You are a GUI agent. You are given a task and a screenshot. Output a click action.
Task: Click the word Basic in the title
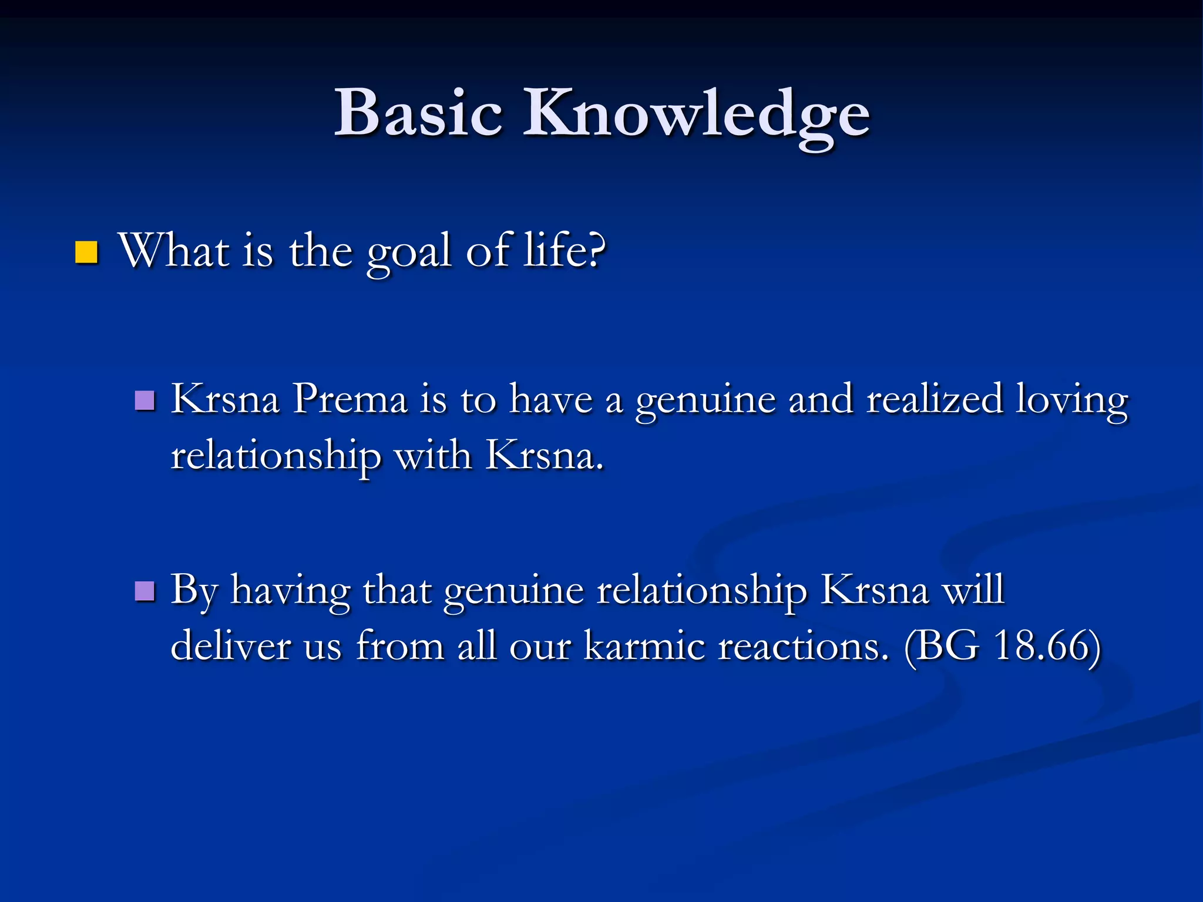point(418,113)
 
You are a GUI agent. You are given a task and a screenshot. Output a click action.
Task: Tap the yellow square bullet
point(86,253)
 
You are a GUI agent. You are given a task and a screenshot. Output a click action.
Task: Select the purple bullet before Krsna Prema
point(145,400)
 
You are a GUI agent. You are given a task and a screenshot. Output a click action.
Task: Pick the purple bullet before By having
point(145,591)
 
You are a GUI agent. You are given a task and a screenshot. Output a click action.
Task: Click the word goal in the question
point(409,253)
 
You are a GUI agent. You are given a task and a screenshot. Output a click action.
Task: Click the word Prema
point(350,399)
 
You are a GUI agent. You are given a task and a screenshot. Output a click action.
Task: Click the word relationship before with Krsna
point(275,457)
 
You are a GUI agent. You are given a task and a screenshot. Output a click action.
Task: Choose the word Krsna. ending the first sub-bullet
point(545,456)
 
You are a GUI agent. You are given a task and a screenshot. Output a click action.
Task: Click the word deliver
point(230,646)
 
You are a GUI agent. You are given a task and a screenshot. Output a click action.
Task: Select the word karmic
point(644,646)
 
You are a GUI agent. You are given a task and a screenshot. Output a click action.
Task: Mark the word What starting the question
point(174,251)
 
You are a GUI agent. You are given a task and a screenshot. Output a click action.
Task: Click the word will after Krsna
point(973,590)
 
